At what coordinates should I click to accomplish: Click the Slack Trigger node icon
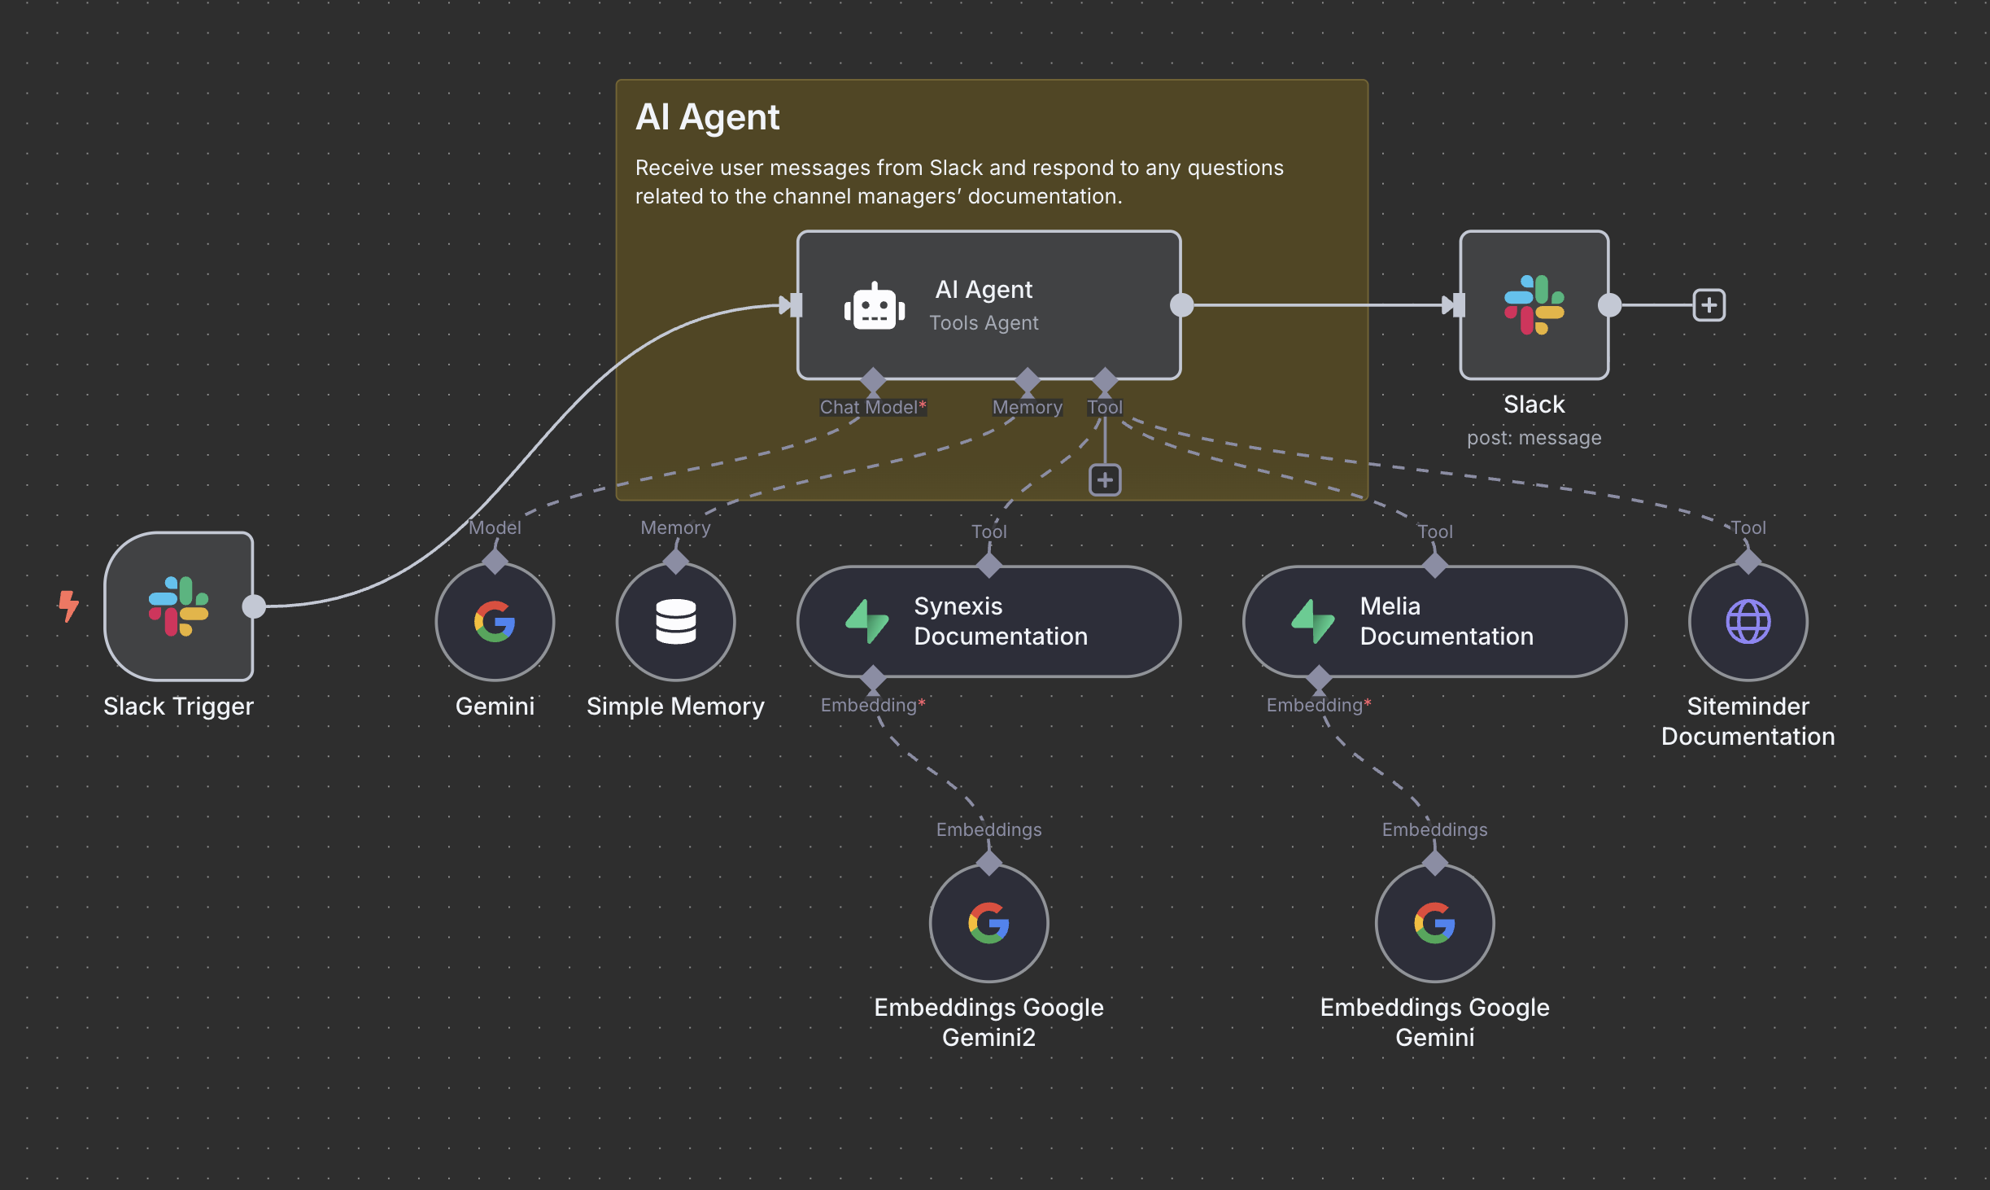178,606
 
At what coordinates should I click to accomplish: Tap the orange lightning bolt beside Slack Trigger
69,606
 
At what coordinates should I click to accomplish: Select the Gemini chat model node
495,622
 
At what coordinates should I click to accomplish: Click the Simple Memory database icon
675,622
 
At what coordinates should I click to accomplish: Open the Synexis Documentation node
988,622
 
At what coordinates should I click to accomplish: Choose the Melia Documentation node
1434,622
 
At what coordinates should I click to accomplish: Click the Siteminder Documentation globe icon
1748,622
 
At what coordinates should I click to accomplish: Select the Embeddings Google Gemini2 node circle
988,923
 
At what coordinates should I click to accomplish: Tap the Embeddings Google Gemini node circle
1434,923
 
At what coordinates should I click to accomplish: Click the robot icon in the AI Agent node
875,307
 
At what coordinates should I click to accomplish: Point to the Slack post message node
1534,305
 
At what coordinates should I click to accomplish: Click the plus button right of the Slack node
1709,305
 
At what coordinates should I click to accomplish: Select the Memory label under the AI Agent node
1027,407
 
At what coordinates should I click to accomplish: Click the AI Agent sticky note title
707,117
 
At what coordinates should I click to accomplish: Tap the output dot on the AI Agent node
1181,305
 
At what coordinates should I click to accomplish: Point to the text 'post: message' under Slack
1534,438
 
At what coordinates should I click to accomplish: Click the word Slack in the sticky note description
956,168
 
